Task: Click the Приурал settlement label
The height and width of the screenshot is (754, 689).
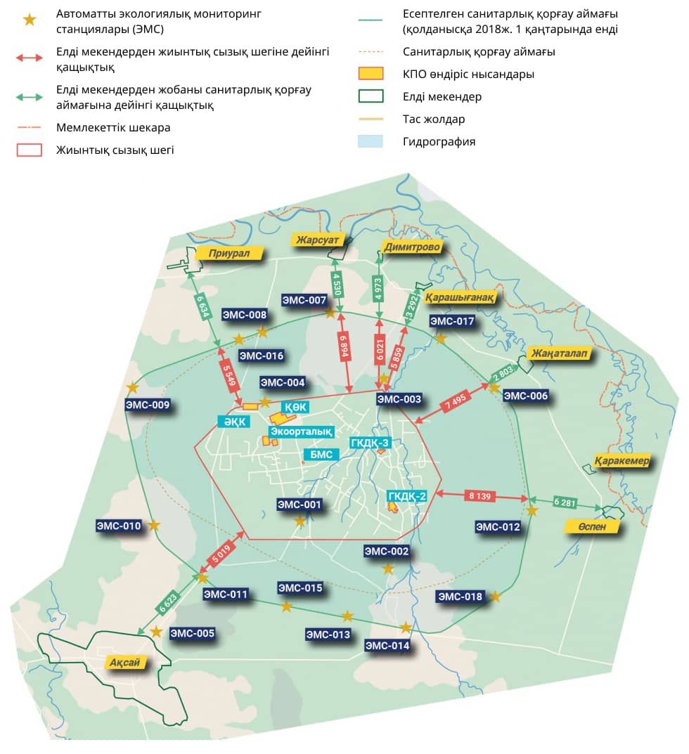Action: pos(229,253)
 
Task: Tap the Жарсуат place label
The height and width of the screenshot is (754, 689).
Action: pos(317,240)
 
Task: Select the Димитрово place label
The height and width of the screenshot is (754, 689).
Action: pos(412,247)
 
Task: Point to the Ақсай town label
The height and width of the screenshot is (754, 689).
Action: pos(124,663)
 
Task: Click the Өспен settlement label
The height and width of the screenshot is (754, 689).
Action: pos(592,526)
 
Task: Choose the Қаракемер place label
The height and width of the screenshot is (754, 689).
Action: pos(622,461)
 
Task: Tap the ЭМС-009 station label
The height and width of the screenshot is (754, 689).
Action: pos(148,405)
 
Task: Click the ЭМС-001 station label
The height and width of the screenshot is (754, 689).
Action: pos(300,505)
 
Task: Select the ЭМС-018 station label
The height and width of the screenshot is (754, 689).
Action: pos(460,597)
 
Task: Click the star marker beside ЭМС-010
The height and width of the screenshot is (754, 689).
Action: pos(153,526)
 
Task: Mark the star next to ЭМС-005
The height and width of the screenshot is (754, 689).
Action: pos(156,632)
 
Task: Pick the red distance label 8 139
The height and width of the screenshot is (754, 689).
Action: pos(479,496)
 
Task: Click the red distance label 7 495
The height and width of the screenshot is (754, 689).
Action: pos(455,401)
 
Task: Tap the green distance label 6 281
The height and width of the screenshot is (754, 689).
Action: pos(565,502)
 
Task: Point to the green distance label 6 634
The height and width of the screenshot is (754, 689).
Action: pos(203,307)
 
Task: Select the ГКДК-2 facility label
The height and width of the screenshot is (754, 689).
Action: pos(407,496)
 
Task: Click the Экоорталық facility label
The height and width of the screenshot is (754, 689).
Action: pos(301,431)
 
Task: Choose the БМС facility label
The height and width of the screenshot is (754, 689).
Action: pos(321,455)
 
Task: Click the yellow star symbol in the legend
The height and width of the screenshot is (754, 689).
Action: pos(30,20)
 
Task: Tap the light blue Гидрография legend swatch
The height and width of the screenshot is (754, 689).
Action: pos(371,141)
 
